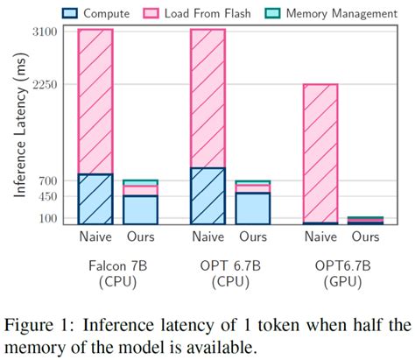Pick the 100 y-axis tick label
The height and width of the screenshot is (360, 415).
[x=50, y=218]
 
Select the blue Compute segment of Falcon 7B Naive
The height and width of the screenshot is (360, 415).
[x=95, y=199]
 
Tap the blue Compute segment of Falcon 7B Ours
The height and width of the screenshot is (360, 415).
[x=140, y=209]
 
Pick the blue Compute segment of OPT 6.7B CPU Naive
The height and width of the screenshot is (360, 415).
[x=207, y=195]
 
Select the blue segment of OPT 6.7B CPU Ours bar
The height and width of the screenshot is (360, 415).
[x=253, y=208]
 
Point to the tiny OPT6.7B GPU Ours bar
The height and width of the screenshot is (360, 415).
[x=366, y=221]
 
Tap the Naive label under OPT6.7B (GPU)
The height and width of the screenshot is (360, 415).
[x=320, y=237]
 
